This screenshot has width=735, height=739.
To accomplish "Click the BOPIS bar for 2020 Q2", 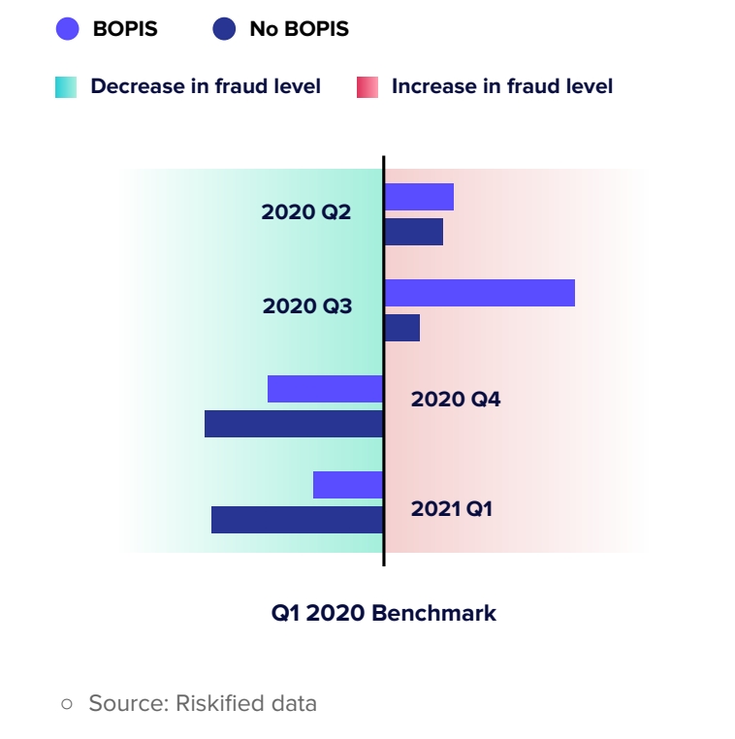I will (419, 197).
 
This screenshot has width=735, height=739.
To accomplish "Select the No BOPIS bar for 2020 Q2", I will (414, 232).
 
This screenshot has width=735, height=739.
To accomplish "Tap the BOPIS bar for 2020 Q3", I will (480, 293).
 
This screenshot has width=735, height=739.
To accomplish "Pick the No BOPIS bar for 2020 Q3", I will (402, 328).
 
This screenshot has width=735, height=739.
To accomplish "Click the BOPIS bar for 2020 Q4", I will (326, 389).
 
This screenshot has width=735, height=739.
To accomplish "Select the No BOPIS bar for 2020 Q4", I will (295, 424).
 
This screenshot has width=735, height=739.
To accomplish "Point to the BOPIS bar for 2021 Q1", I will (348, 485).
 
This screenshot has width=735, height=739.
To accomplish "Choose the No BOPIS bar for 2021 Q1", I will (298, 520).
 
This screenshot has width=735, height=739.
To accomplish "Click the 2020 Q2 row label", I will (306, 211).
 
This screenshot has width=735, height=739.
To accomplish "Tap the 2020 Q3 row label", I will (307, 306).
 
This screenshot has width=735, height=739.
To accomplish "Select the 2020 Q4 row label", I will (456, 399).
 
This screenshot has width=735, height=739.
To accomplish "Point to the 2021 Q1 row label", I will (452, 508).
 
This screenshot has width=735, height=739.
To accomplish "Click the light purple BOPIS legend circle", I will (67, 29).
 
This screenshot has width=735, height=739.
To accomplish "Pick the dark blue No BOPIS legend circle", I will (224, 29).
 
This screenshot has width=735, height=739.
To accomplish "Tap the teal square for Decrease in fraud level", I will (66, 87).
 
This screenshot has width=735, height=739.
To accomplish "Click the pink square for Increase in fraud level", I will (367, 87).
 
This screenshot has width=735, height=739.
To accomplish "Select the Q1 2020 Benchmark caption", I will (384, 613).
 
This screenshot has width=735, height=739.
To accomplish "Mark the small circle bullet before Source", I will (67, 704).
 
